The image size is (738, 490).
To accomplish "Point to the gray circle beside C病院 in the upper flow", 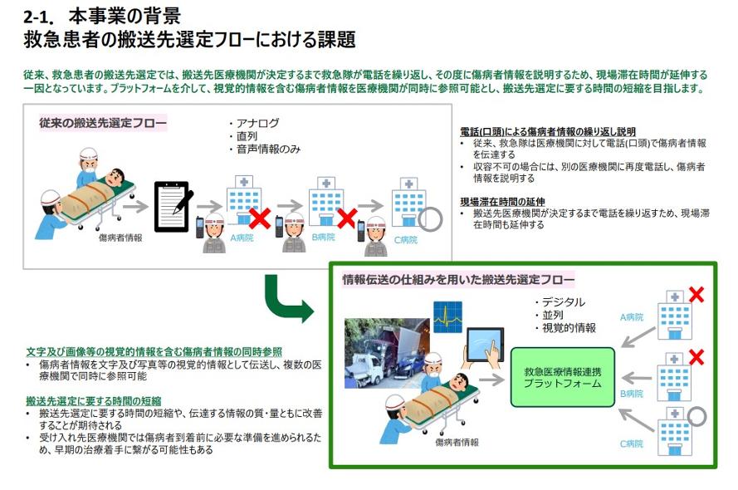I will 430,218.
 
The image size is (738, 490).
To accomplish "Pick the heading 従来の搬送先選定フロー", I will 101,123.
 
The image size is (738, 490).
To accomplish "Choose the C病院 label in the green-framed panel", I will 632,443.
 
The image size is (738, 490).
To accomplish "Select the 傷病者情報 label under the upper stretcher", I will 120,238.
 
